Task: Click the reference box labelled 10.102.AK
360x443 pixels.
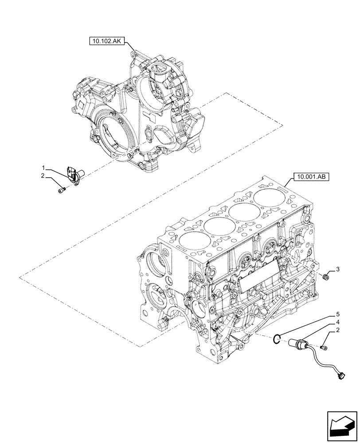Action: [107, 42]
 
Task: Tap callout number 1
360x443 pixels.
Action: [43, 168]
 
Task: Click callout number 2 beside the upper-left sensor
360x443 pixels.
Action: [43, 176]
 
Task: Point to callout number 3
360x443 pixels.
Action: [337, 269]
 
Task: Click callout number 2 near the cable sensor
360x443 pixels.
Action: [337, 331]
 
